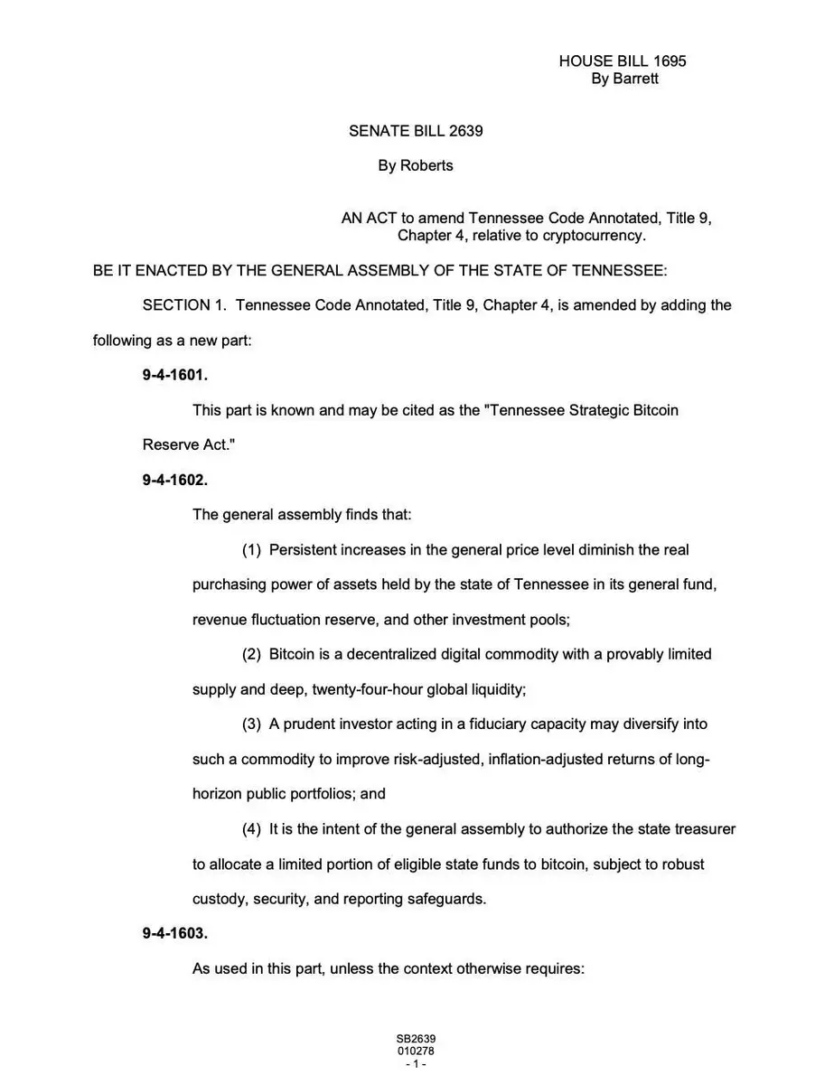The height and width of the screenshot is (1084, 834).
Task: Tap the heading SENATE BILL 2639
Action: click(416, 131)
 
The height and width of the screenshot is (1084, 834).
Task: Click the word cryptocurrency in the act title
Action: click(594, 236)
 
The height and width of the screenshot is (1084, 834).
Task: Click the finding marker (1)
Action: click(251, 549)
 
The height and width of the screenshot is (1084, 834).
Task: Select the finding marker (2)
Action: click(251, 654)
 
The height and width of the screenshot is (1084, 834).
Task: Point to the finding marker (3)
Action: click(251, 724)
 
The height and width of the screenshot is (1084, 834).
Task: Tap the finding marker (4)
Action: click(251, 829)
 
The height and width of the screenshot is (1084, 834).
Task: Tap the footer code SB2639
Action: click(416, 1039)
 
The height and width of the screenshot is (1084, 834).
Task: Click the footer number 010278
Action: click(416, 1051)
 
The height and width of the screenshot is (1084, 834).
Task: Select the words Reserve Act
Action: click(183, 444)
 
